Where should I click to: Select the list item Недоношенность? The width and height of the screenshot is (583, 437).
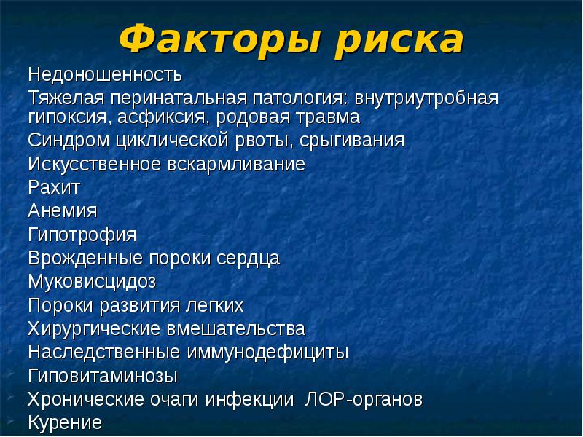(105, 75)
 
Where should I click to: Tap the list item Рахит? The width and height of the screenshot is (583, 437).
(54, 187)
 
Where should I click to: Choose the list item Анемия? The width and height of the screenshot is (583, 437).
(63, 210)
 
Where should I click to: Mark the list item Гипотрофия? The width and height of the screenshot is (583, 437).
(82, 235)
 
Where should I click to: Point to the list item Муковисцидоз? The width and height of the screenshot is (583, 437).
(93, 281)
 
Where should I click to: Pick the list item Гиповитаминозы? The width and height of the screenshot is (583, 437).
(103, 376)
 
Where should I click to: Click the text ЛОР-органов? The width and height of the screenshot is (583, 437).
(362, 400)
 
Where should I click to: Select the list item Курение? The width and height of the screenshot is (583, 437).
(65, 422)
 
